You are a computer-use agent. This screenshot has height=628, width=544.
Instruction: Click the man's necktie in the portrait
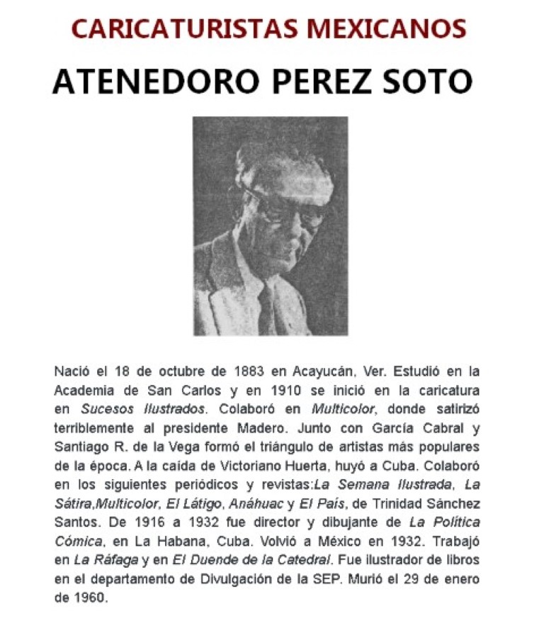[x=267, y=298]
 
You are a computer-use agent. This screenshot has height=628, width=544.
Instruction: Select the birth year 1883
[x=246, y=371]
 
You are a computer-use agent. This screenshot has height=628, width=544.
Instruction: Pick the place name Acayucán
[x=317, y=371]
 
